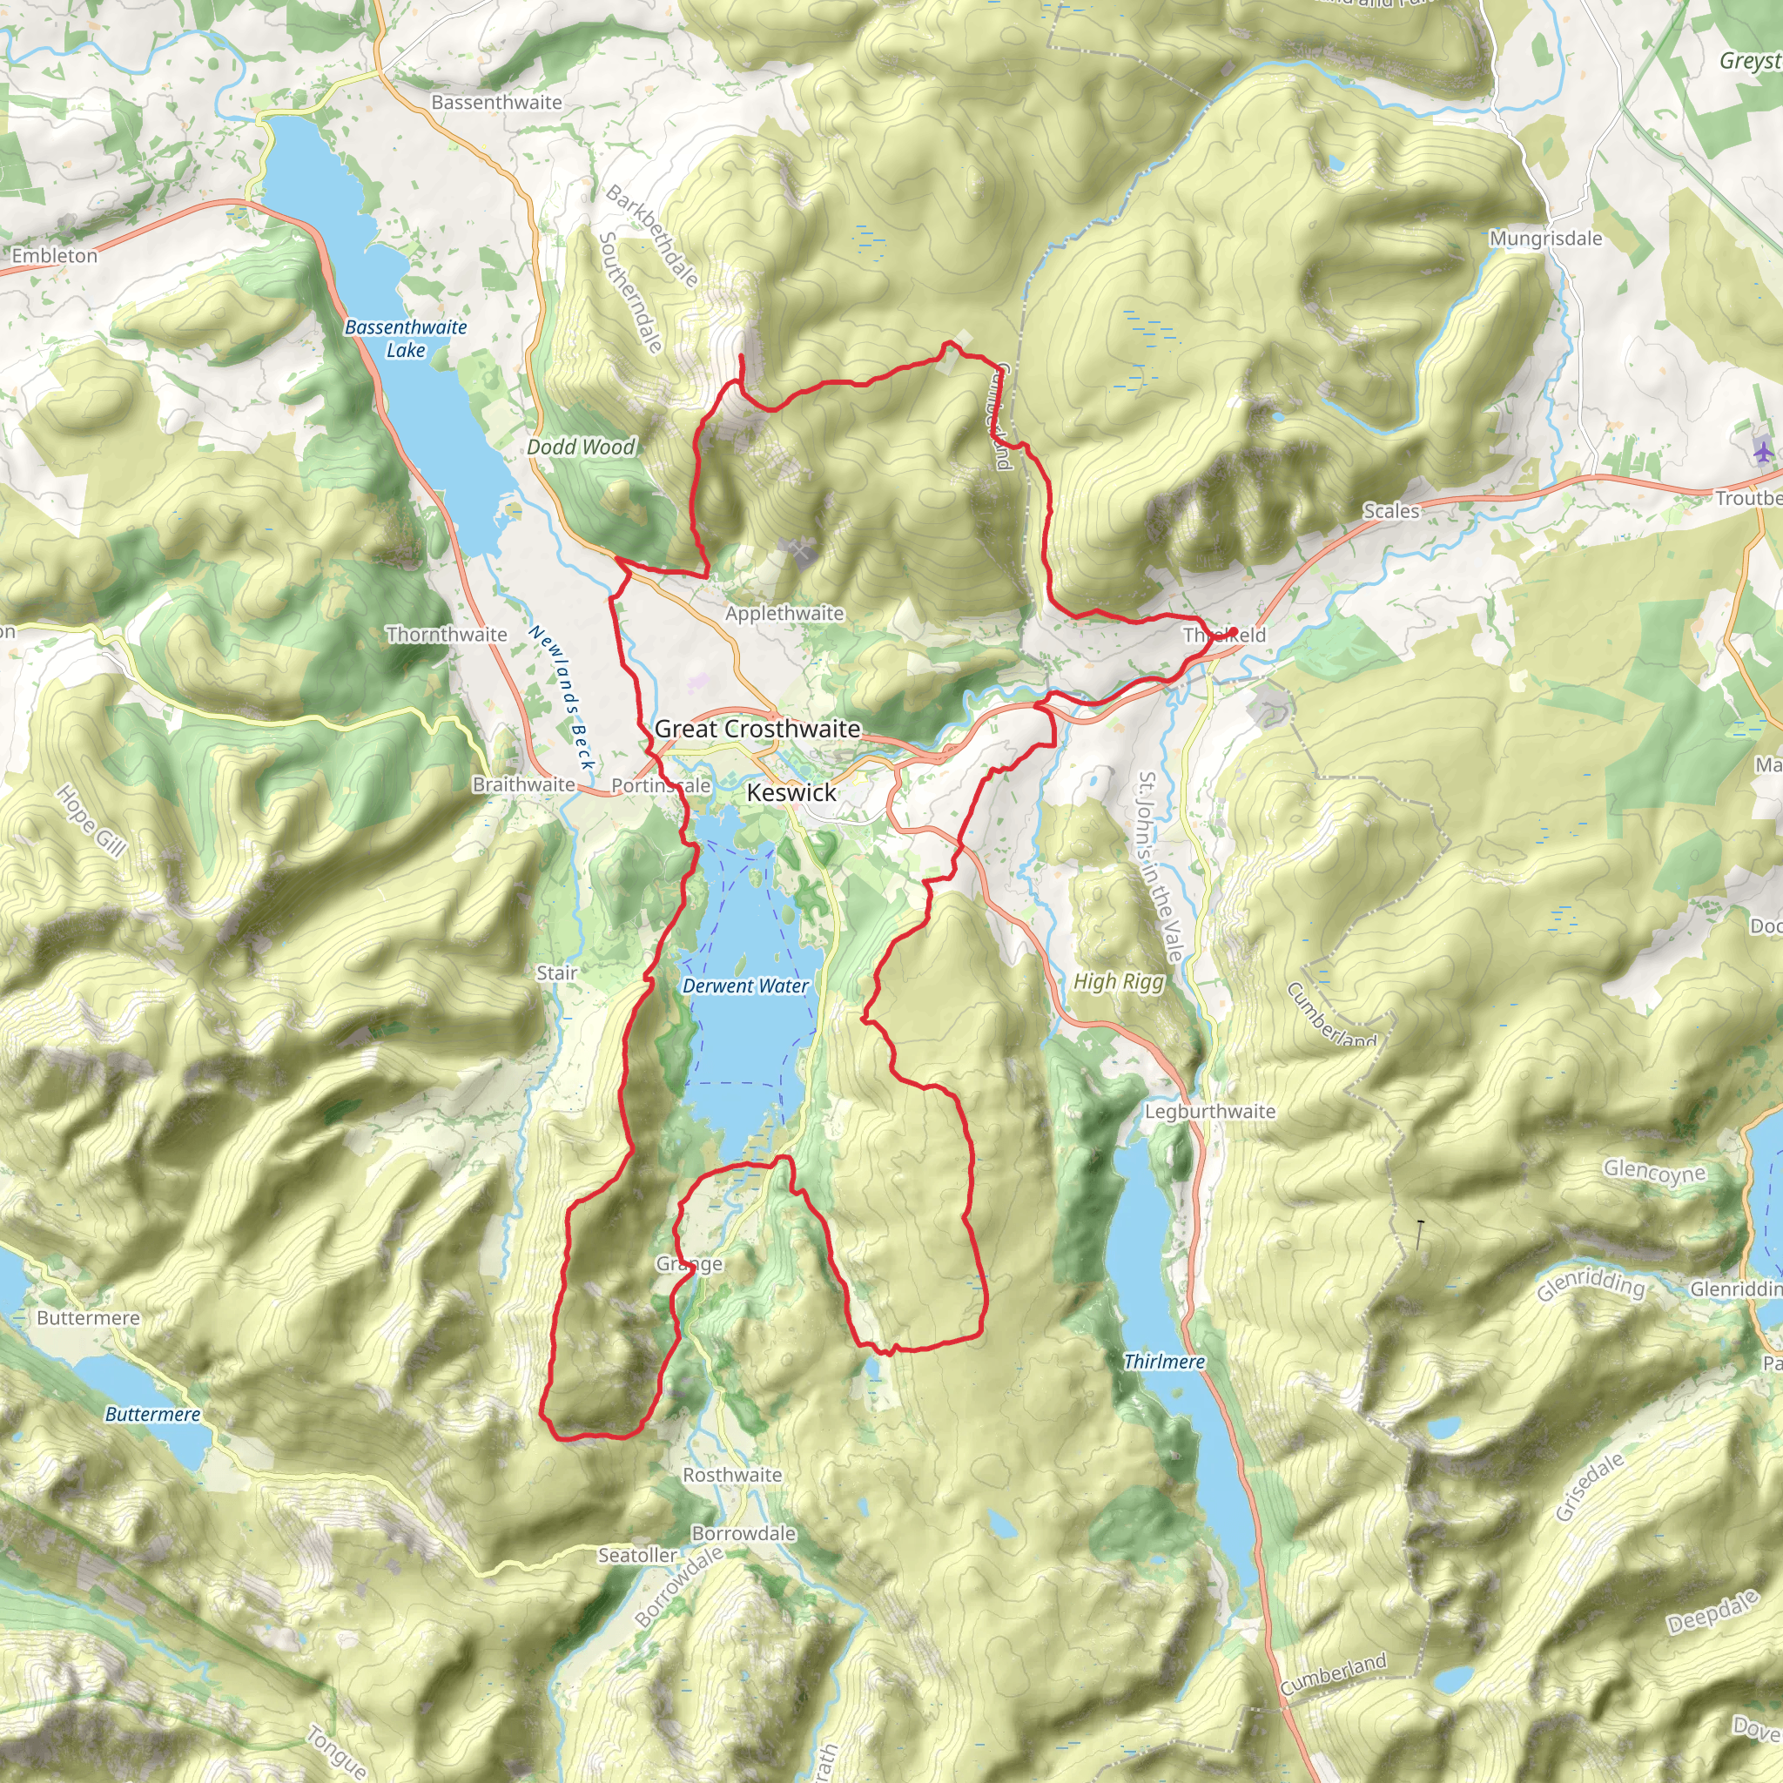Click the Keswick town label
(791, 793)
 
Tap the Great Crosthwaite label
(757, 729)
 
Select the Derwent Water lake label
(746, 986)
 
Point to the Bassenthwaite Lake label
(406, 338)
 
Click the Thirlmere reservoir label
(1164, 1362)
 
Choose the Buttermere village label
(89, 1318)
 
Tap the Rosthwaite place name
(732, 1475)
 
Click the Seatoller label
(637, 1555)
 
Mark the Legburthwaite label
(1210, 1111)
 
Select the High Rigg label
(1119, 981)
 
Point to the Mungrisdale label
(1546, 238)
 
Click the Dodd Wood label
(582, 447)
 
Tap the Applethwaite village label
(784, 613)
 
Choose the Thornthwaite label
(447, 634)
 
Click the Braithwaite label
(523, 784)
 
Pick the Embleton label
(55, 256)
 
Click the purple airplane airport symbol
(1763, 452)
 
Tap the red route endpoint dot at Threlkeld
(1233, 632)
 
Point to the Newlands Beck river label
(562, 697)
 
